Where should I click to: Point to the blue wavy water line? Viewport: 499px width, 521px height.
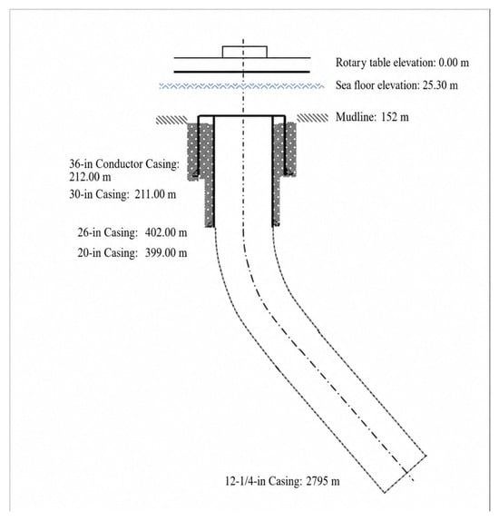coord(242,86)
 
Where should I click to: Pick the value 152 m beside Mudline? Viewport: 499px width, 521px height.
coord(395,117)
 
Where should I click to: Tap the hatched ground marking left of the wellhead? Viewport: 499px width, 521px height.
coord(171,120)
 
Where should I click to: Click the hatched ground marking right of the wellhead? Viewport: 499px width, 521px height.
coord(312,118)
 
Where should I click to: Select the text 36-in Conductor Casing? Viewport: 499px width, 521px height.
coord(124,163)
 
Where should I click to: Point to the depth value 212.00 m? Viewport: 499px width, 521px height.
coord(90,177)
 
